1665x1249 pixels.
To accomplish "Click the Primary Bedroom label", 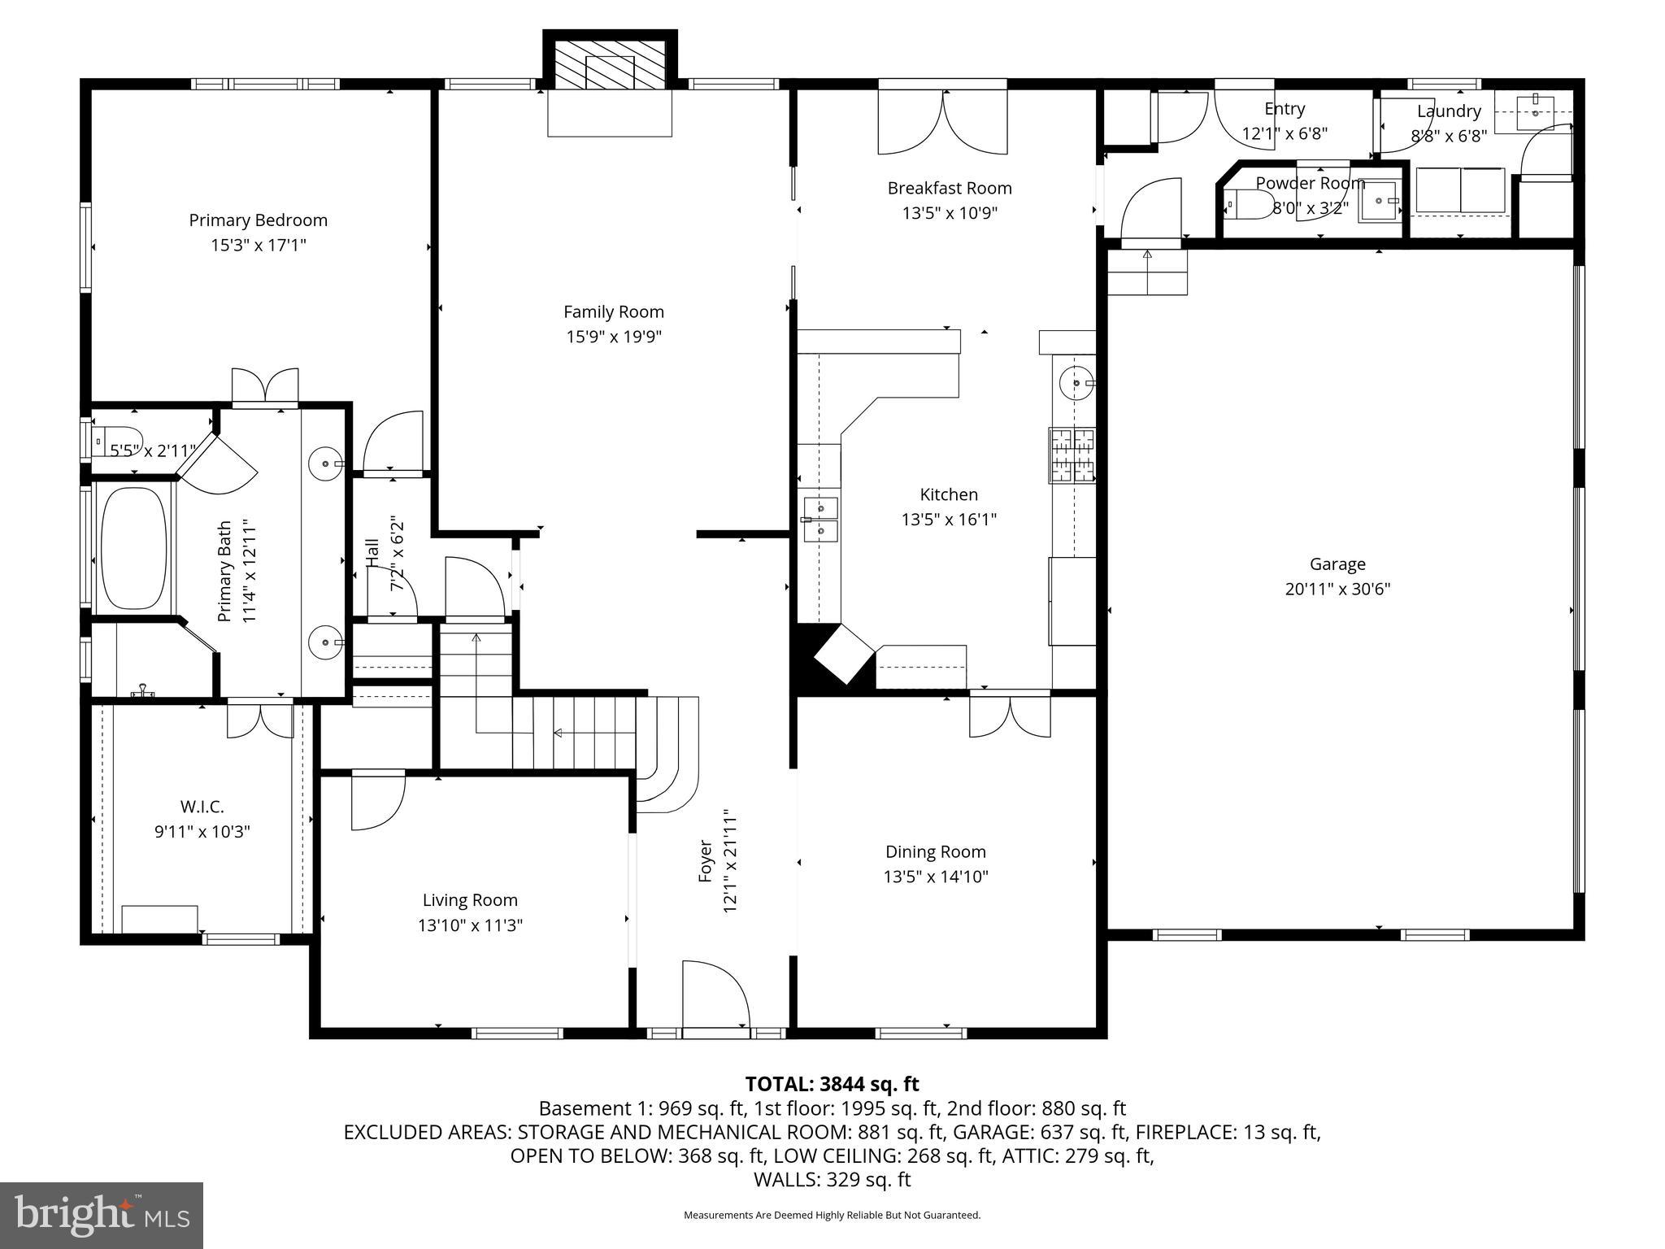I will pyautogui.click(x=258, y=220).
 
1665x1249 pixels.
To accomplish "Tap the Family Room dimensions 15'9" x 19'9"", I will pyautogui.click(x=614, y=337).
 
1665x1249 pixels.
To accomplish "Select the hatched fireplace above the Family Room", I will pyautogui.click(x=610, y=63).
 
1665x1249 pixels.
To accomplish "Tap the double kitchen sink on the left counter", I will pyautogui.click(x=820, y=519).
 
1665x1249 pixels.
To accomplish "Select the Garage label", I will pyautogui.click(x=1337, y=564).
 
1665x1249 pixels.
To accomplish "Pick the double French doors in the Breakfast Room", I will pyautogui.click(x=942, y=122).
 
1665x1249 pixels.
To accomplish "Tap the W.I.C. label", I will pyautogui.click(x=202, y=807).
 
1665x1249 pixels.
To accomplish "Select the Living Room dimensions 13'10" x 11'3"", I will pyautogui.click(x=470, y=925).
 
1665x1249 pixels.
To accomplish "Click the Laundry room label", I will pyautogui.click(x=1449, y=111).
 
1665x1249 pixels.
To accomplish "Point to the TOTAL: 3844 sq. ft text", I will pyautogui.click(x=832, y=1084).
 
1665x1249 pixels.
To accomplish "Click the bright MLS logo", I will pyautogui.click(x=102, y=1215).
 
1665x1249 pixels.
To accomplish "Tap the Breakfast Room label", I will pyautogui.click(x=949, y=188).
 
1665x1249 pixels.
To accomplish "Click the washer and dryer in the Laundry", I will pyautogui.click(x=1460, y=190).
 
